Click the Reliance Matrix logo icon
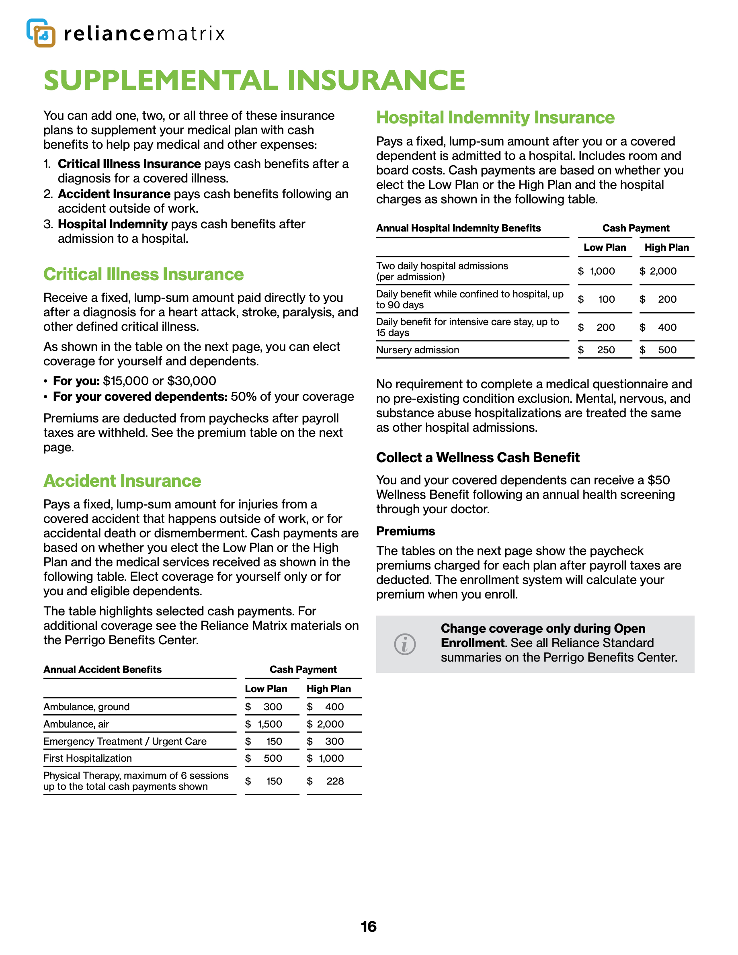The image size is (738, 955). click(x=41, y=33)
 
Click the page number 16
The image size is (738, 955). click(x=369, y=926)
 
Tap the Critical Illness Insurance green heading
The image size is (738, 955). click(x=143, y=274)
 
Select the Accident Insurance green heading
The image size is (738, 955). click(x=123, y=481)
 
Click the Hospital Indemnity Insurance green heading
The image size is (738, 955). click(x=495, y=118)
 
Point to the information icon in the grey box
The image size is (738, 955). click(x=405, y=644)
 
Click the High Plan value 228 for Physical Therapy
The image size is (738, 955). click(x=335, y=781)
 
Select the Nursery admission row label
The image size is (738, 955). click(x=418, y=350)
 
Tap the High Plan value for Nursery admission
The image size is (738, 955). click(x=667, y=350)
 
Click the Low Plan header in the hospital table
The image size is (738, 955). click(x=605, y=248)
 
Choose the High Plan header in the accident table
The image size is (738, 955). click(x=329, y=689)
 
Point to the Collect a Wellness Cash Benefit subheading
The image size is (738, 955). click(x=478, y=457)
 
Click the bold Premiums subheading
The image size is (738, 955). click(x=405, y=531)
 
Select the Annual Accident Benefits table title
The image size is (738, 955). click(x=102, y=670)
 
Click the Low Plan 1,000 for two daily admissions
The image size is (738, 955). click(x=603, y=271)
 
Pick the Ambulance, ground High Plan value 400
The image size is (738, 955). click(x=334, y=707)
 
